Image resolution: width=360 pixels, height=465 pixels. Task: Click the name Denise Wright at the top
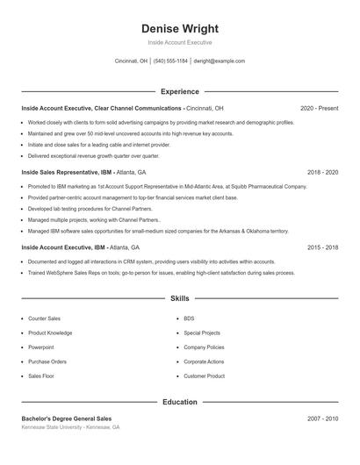point(179,28)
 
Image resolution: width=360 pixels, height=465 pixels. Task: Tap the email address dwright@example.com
point(219,61)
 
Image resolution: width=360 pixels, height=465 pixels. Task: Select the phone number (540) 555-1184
point(170,61)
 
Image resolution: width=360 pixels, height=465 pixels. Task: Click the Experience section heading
point(179,91)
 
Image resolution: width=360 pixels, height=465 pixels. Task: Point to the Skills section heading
point(179,298)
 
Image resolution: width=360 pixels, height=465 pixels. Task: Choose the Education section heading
point(179,402)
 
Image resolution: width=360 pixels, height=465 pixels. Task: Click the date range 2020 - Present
point(319,108)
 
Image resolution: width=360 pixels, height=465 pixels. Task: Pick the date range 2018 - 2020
point(322,173)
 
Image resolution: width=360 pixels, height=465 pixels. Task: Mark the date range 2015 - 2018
point(322,248)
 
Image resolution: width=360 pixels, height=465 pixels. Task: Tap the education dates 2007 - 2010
point(322,418)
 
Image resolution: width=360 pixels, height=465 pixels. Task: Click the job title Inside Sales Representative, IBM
point(65,173)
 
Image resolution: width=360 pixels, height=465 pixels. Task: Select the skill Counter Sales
point(44,318)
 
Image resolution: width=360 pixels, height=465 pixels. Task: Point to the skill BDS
point(189,318)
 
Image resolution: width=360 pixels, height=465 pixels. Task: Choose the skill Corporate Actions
point(204,361)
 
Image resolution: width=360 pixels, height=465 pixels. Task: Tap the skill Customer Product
point(204,376)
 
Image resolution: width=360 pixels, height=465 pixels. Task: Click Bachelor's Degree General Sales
point(67,418)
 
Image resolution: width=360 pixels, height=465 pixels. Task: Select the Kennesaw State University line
point(70,427)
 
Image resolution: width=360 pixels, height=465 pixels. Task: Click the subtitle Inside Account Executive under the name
point(179,42)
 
